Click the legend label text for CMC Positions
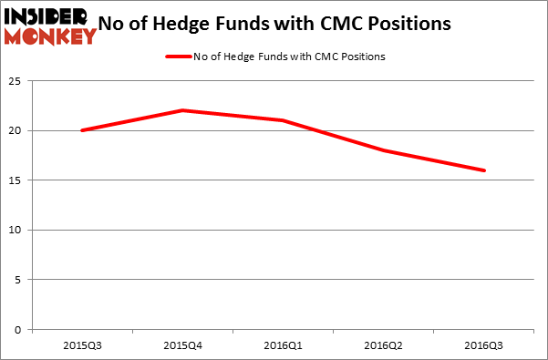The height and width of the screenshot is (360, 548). [289, 57]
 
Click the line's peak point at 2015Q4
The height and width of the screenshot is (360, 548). [182, 110]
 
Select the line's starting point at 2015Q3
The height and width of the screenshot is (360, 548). [82, 130]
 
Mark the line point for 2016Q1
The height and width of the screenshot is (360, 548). [284, 120]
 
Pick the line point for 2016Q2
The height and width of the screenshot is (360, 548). [384, 150]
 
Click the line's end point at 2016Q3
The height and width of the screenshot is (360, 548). [484, 170]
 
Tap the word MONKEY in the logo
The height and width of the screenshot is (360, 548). [50, 37]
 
